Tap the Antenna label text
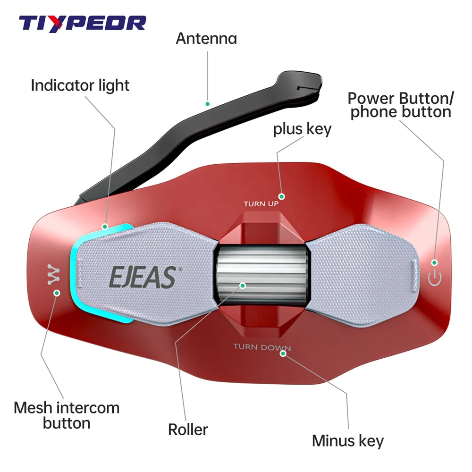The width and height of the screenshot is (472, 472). coord(206,38)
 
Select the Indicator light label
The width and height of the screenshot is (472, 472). coord(80,85)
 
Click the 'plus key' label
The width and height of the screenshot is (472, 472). coord(302,129)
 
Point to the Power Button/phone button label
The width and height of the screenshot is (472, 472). coord(401,105)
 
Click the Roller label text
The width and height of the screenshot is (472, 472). coord(188,429)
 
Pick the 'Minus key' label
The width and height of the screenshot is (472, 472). coord(348,441)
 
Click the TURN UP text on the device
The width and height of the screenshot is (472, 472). coord(261,204)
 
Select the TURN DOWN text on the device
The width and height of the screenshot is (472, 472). coord(261,348)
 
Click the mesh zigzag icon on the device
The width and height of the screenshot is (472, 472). coord(52,274)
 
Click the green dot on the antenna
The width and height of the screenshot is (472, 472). coord(206,102)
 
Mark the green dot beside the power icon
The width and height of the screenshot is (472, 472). coord(435,262)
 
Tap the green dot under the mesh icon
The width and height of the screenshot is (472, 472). coord(57,293)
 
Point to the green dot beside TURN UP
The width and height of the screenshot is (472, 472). coord(282,196)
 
